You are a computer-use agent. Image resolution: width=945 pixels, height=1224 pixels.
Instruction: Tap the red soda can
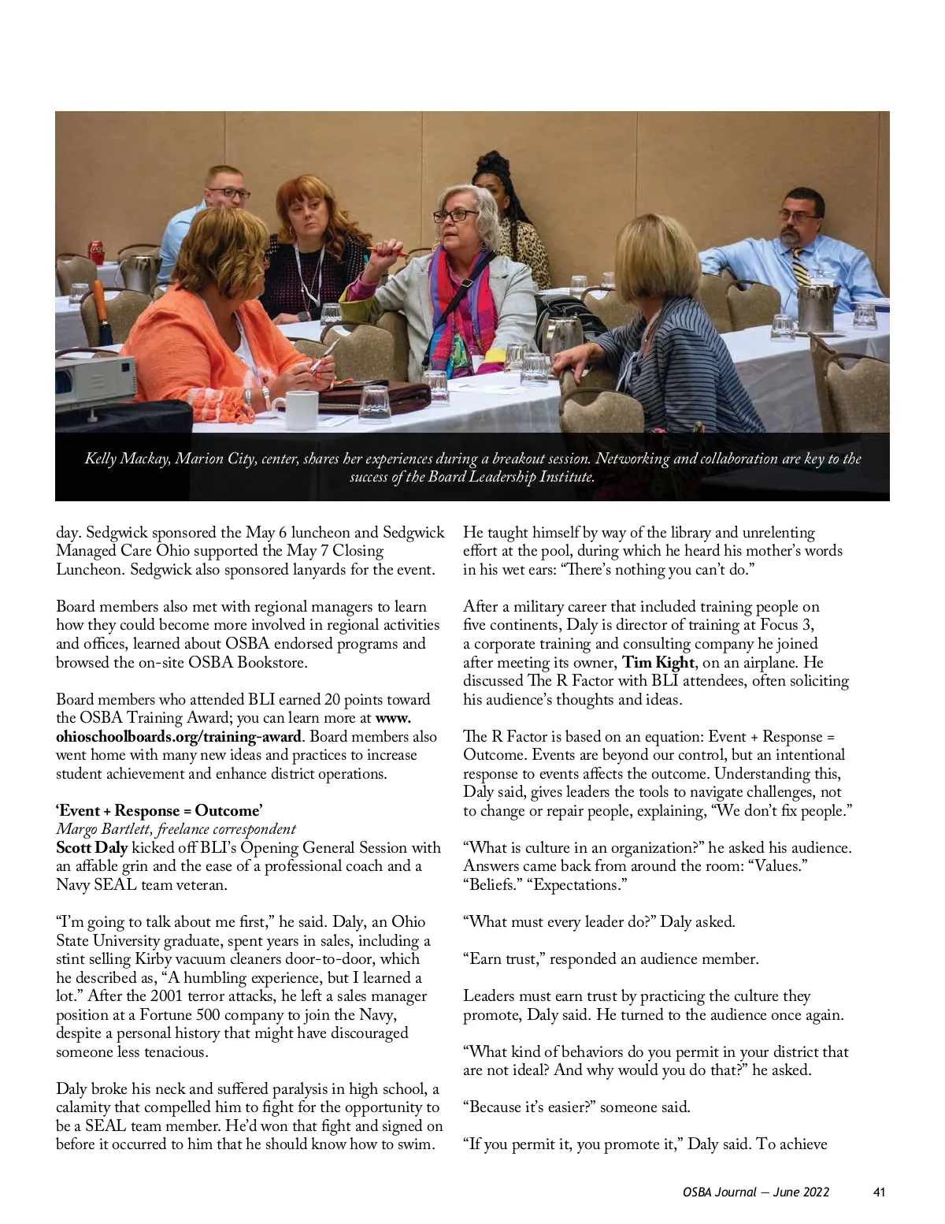[97, 253]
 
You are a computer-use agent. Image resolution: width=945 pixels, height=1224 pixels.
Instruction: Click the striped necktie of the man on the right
[801, 271]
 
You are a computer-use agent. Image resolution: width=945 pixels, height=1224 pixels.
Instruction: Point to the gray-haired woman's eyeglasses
[454, 215]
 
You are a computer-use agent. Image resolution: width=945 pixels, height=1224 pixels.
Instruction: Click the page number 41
[879, 1192]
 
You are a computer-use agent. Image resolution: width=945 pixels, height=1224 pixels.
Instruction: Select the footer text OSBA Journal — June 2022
[755, 1192]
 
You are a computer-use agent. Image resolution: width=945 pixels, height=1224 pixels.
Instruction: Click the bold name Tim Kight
[658, 662]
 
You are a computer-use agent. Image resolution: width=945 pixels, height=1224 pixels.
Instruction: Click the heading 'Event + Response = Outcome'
[159, 811]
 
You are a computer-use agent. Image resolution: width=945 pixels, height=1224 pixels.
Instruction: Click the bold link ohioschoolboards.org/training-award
[178, 737]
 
